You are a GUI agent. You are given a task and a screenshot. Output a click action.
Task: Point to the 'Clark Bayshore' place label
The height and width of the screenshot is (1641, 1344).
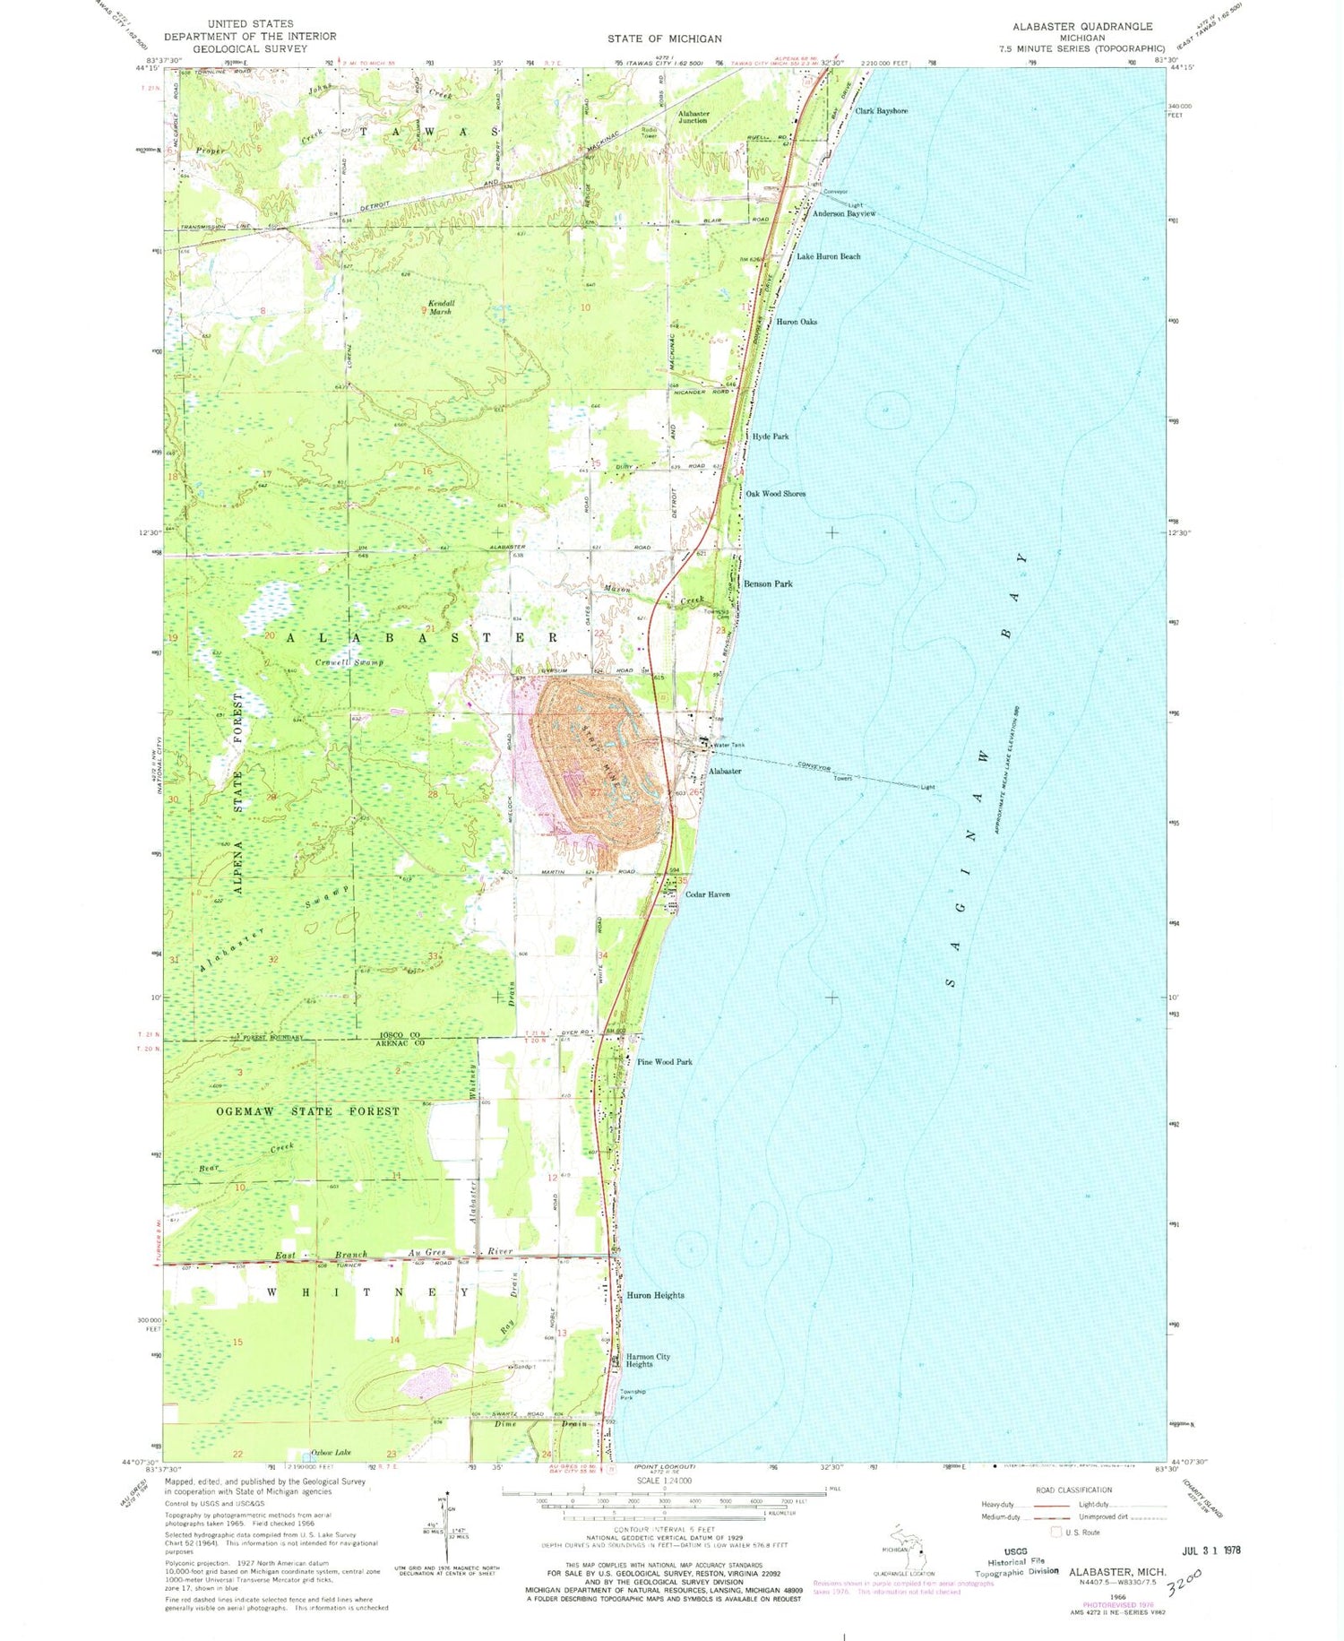coord(881,111)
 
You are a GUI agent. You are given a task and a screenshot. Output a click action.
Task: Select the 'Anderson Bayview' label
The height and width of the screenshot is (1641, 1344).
coord(843,214)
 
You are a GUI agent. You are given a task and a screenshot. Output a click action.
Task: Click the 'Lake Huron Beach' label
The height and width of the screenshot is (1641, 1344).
coord(829,256)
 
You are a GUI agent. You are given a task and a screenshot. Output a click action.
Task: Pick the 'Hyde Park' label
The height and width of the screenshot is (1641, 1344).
coord(771,436)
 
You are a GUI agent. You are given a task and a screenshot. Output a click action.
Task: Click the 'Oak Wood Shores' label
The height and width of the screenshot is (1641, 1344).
coord(775,494)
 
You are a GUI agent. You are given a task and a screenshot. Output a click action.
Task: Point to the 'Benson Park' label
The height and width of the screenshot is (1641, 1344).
coord(768,583)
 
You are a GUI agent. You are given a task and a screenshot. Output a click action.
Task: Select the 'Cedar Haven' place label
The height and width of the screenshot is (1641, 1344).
coord(707,894)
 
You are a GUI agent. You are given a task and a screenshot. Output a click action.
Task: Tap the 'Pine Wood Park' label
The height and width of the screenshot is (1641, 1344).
coord(664,1062)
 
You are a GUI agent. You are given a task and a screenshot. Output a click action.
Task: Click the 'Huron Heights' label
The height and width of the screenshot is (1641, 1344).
coord(655,1295)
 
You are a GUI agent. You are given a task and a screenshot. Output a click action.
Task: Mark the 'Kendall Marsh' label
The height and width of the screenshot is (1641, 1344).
coord(441,307)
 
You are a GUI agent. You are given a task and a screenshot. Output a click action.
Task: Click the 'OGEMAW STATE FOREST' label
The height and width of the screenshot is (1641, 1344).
coord(307,1111)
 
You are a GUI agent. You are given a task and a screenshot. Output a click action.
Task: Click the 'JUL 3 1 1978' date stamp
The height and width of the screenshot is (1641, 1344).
coord(1205,1550)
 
